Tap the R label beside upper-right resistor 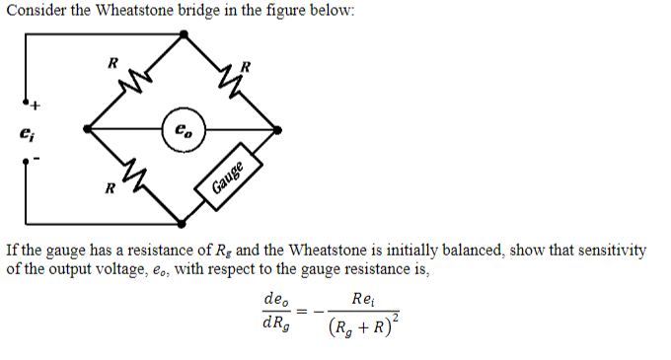point(248,66)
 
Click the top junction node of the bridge point(185,32)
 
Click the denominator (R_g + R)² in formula point(363,324)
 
